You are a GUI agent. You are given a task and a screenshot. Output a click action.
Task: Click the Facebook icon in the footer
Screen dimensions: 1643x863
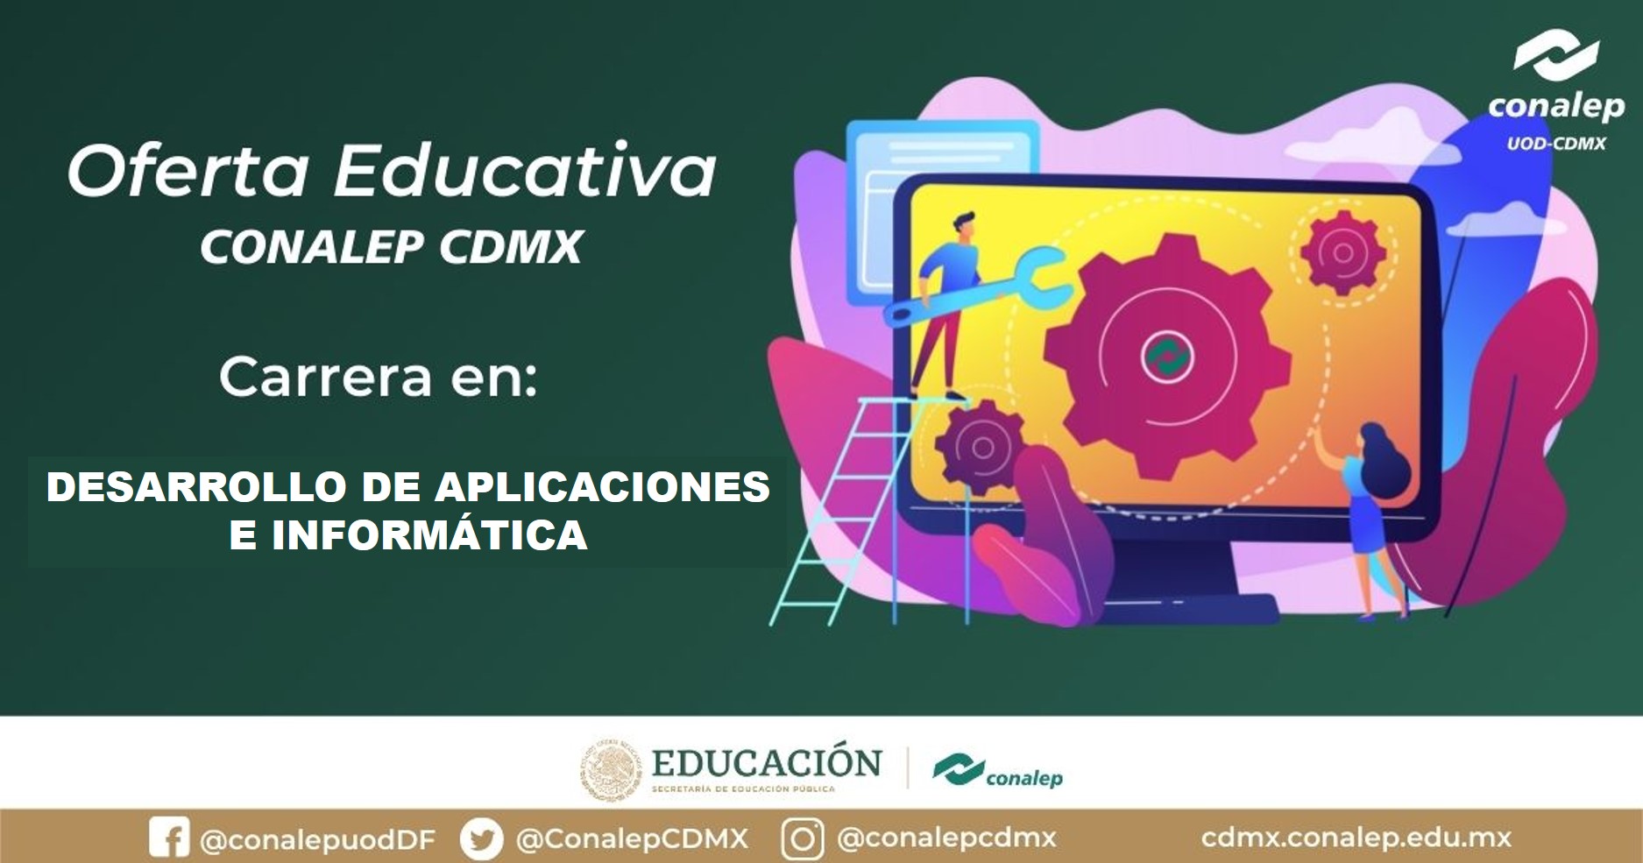[169, 838]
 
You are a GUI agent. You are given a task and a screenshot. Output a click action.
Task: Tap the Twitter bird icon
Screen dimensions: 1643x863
[482, 838]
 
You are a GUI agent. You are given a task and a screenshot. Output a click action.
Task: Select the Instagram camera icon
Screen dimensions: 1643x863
[802, 838]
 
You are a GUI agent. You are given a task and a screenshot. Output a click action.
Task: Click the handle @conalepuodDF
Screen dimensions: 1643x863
[318, 839]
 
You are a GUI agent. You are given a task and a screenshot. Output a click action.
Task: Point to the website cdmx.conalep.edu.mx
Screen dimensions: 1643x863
[1356, 838]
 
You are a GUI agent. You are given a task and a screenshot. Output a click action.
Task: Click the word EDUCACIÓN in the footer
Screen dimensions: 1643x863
[767, 762]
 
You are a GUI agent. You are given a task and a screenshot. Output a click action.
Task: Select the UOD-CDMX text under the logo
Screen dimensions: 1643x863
[1556, 143]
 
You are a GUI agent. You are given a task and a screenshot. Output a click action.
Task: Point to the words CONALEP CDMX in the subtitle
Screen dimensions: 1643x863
[392, 246]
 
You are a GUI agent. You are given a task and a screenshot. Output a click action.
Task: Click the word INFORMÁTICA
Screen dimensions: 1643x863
[428, 534]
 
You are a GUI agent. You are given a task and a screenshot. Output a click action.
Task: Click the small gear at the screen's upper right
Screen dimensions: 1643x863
[1342, 252]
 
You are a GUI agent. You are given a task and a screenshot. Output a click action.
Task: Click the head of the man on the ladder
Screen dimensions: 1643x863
[961, 224]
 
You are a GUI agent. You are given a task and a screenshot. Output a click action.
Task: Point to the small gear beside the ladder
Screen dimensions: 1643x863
[980, 447]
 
